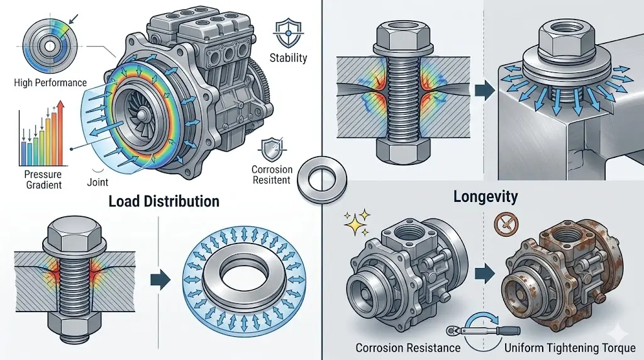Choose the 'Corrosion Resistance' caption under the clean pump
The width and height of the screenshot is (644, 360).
click(x=408, y=347)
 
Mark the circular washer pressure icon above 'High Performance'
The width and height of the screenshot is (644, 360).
click(x=48, y=47)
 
